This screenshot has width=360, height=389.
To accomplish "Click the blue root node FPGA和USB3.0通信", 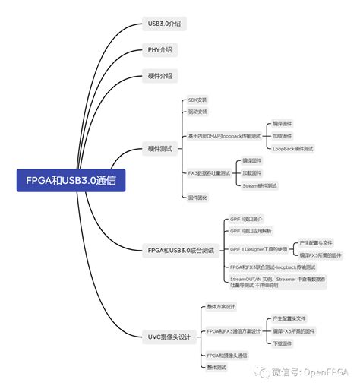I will [71, 181].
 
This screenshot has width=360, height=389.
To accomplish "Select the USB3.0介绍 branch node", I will [163, 24].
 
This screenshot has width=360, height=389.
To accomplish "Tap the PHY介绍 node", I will [159, 50].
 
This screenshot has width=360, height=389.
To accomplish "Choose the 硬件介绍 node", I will [159, 76].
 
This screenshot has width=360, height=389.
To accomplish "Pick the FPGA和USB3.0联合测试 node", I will [182, 249].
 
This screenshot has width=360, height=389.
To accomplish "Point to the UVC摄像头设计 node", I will [169, 335].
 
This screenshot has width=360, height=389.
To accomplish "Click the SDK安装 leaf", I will [197, 100].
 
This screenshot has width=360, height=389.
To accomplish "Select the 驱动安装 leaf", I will [197, 112].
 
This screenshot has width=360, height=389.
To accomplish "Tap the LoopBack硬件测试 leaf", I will [293, 148].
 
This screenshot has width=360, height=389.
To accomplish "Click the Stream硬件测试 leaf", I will [260, 185].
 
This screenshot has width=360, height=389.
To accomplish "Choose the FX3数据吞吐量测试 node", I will [208, 173].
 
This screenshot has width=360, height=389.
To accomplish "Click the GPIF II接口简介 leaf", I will [246, 219].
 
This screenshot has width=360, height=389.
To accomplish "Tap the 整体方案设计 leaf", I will [221, 307].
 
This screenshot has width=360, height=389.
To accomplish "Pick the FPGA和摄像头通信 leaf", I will [226, 356].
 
